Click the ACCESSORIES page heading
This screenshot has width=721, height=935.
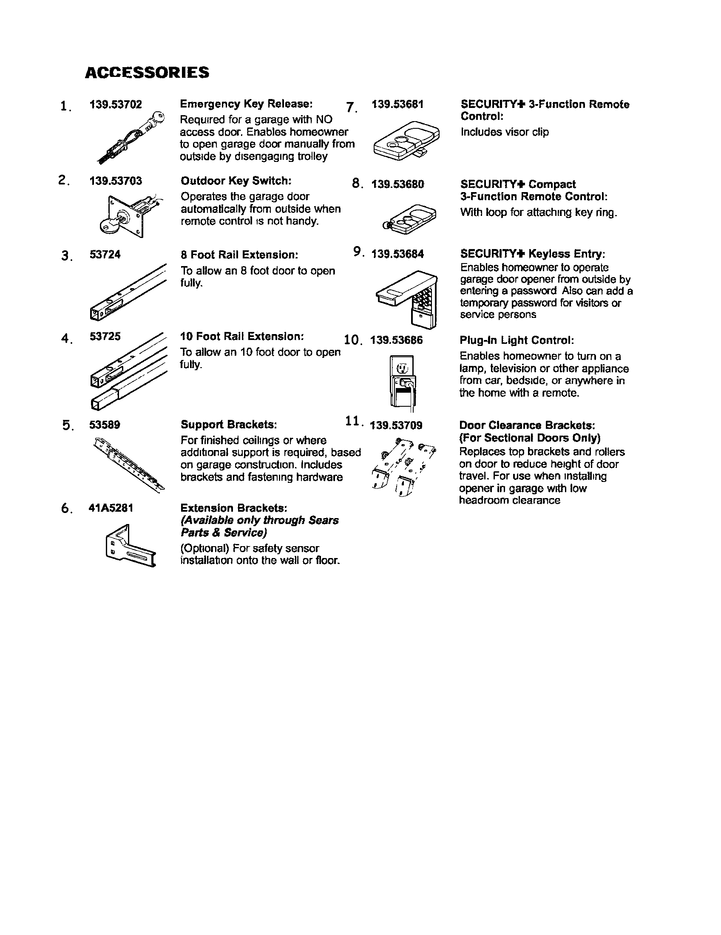pyautogui.click(x=147, y=72)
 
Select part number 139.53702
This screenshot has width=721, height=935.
pyautogui.click(x=116, y=105)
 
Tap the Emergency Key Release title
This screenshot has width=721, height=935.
pyautogui.click(x=246, y=104)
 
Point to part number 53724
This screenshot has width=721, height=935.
pyautogui.click(x=105, y=255)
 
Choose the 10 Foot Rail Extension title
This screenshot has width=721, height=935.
pyautogui.click(x=242, y=336)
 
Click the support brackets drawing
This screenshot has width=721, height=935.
pyautogui.click(x=128, y=464)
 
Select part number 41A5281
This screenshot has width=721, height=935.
pyautogui.click(x=111, y=508)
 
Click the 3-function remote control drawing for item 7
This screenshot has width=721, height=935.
pyautogui.click(x=406, y=141)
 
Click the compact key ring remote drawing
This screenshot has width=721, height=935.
pyautogui.click(x=409, y=219)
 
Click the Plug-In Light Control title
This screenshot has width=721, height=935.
pyautogui.click(x=517, y=340)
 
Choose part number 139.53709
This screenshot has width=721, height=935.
pyautogui.click(x=396, y=425)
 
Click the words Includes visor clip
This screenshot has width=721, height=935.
pyautogui.click(x=504, y=132)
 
